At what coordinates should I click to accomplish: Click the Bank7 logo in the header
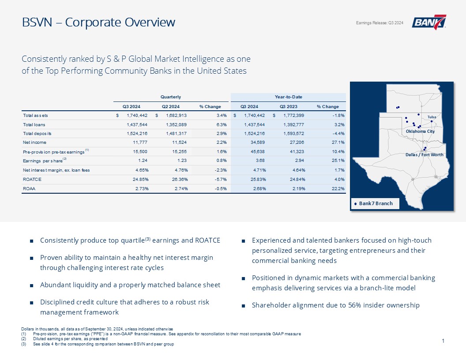[x=429, y=22]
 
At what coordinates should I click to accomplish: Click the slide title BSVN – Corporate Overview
[x=98, y=22]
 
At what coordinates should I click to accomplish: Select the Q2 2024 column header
[x=169, y=106]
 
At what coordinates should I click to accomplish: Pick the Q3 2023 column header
[x=288, y=106]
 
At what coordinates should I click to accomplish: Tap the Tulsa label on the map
[x=432, y=117]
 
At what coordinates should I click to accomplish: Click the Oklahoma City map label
[x=420, y=131]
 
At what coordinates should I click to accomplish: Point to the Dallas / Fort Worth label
[x=425, y=154]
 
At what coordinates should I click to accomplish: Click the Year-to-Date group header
[x=289, y=97]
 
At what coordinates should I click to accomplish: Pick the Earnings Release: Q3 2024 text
[x=380, y=23]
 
